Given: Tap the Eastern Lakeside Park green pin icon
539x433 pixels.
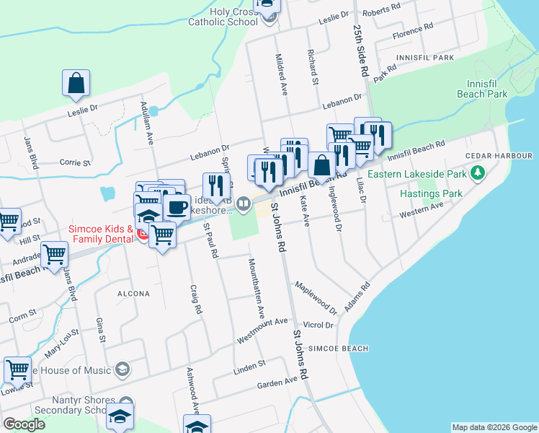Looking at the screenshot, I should coord(477,173).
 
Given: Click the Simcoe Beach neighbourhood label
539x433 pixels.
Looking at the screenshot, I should coord(338,349).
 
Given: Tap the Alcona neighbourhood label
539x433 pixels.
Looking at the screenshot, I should coord(130,294).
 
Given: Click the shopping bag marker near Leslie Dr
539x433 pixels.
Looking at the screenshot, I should coord(76,84).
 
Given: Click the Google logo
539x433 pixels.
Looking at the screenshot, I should coord(24,424).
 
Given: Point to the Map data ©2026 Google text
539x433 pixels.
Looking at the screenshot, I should coord(494,427).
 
